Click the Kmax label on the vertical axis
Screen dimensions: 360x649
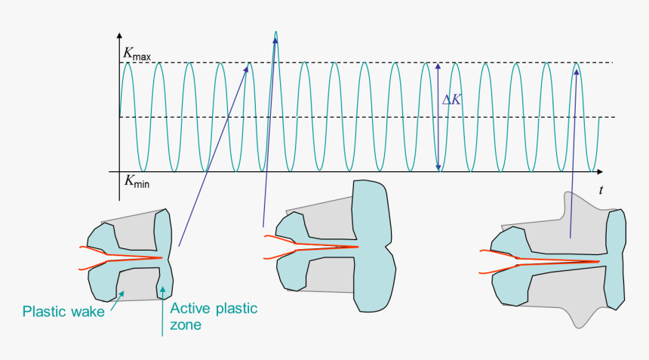[x=136, y=55]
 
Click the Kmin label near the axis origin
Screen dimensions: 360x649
[x=136, y=181]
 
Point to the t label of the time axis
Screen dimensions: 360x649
[x=601, y=191]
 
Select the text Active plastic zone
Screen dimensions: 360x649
[x=213, y=316]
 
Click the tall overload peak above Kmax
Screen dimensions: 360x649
[x=276, y=35]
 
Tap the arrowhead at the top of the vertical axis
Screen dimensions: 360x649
[x=119, y=35]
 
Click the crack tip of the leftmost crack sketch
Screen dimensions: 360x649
[x=162, y=258]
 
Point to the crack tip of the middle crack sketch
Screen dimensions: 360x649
[x=357, y=247]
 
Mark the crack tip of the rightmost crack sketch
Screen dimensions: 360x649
[x=599, y=261]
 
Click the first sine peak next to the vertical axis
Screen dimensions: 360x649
[x=128, y=63]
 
